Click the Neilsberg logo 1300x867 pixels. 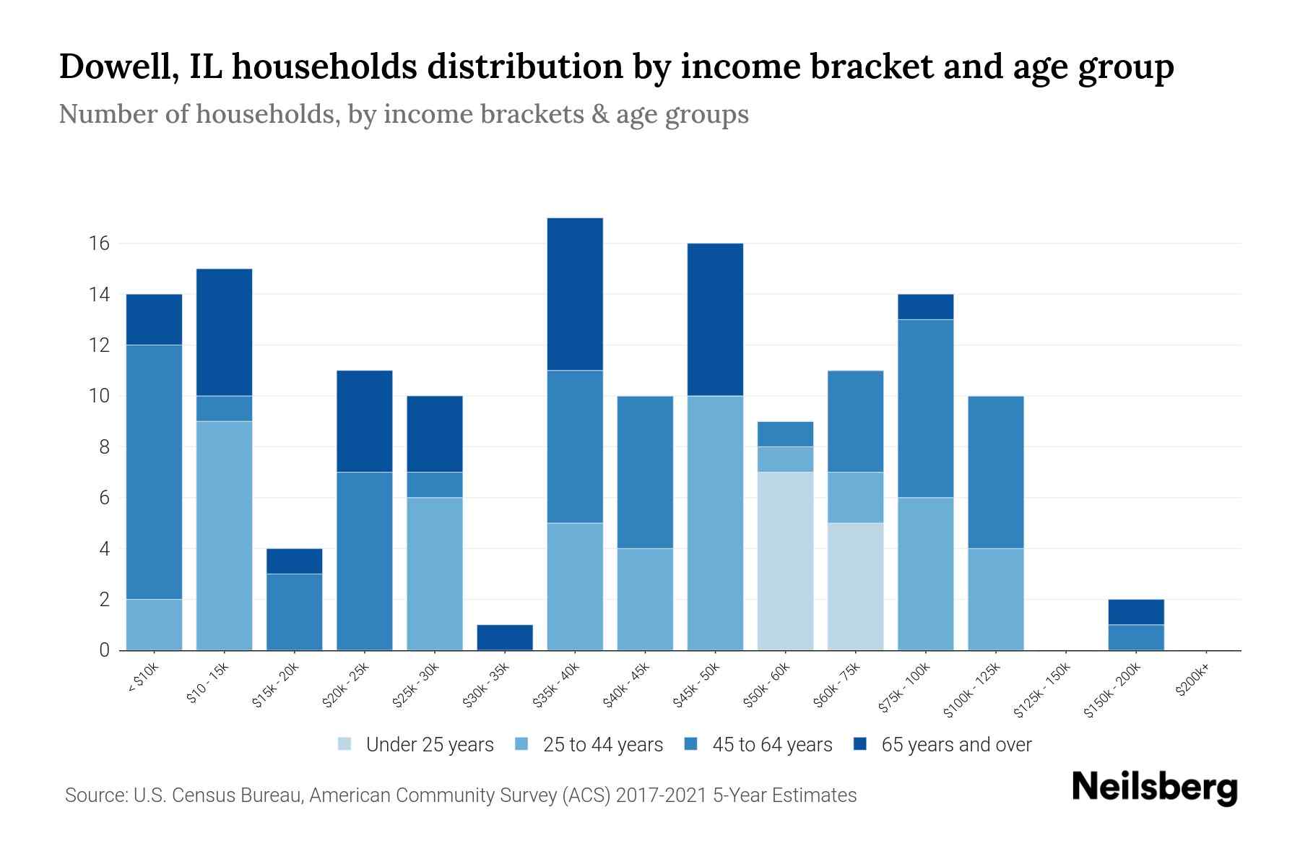[x=1154, y=788]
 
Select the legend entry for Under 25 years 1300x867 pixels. [x=416, y=745]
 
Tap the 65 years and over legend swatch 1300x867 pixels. [x=860, y=744]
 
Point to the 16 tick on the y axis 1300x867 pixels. [x=99, y=243]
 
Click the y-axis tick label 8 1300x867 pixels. [x=104, y=447]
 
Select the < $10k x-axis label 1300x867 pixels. [x=143, y=678]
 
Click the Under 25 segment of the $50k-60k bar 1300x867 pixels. [x=785, y=561]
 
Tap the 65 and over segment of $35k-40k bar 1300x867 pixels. [x=575, y=294]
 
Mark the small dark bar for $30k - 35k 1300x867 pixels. [x=505, y=637]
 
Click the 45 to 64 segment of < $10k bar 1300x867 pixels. [x=154, y=472]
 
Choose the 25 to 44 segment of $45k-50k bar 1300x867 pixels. [x=715, y=523]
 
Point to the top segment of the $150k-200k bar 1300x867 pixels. [x=1136, y=612]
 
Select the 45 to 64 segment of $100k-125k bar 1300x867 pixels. [x=995, y=472]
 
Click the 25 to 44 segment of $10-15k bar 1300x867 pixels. [x=224, y=535]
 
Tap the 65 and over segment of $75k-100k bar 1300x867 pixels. [x=925, y=307]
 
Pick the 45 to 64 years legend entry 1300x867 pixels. [x=758, y=745]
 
